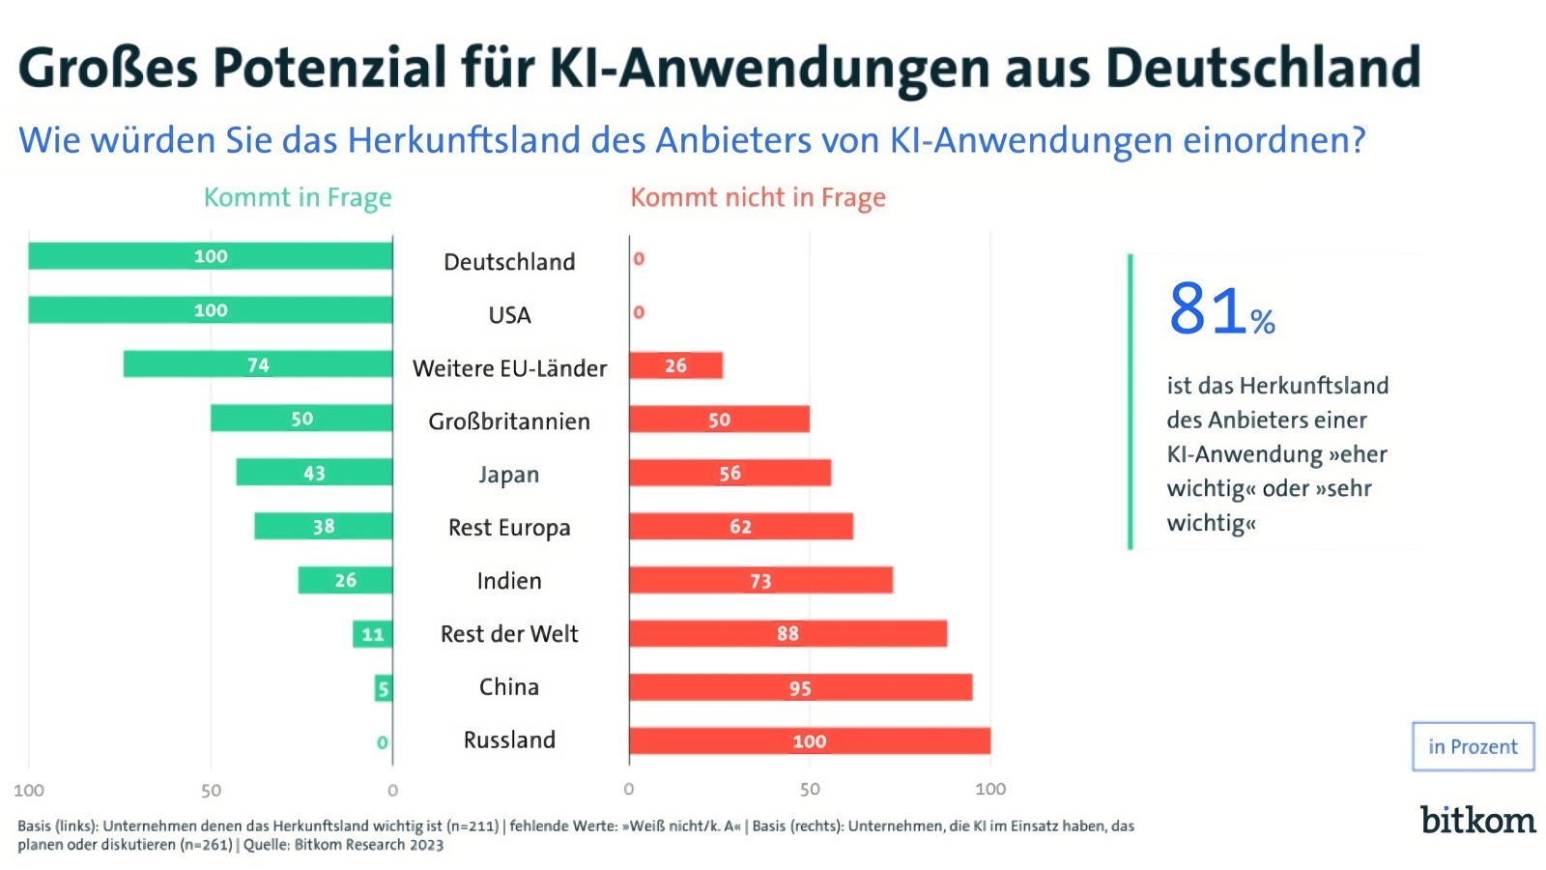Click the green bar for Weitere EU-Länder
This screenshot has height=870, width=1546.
(x=258, y=364)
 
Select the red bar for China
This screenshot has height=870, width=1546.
(x=800, y=687)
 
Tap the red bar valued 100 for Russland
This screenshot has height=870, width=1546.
(x=810, y=741)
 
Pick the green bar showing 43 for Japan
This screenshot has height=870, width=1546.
(x=314, y=473)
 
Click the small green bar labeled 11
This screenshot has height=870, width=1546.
(x=372, y=634)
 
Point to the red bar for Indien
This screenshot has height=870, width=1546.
(x=760, y=580)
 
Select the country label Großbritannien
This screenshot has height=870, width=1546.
(x=509, y=421)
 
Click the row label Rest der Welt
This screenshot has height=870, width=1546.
(x=509, y=634)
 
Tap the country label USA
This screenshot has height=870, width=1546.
(x=509, y=315)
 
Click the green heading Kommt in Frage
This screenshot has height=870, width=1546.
(x=298, y=197)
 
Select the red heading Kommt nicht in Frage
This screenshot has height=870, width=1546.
(x=758, y=197)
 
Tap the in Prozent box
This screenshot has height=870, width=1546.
(x=1473, y=746)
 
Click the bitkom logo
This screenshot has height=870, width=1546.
(x=1477, y=820)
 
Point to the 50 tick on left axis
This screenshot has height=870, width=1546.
(x=211, y=791)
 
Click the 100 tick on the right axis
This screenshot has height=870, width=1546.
(x=990, y=789)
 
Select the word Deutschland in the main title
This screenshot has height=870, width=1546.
(x=1263, y=68)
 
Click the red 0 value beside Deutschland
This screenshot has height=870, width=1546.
(x=639, y=259)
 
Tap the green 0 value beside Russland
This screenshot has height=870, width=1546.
(x=383, y=742)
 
